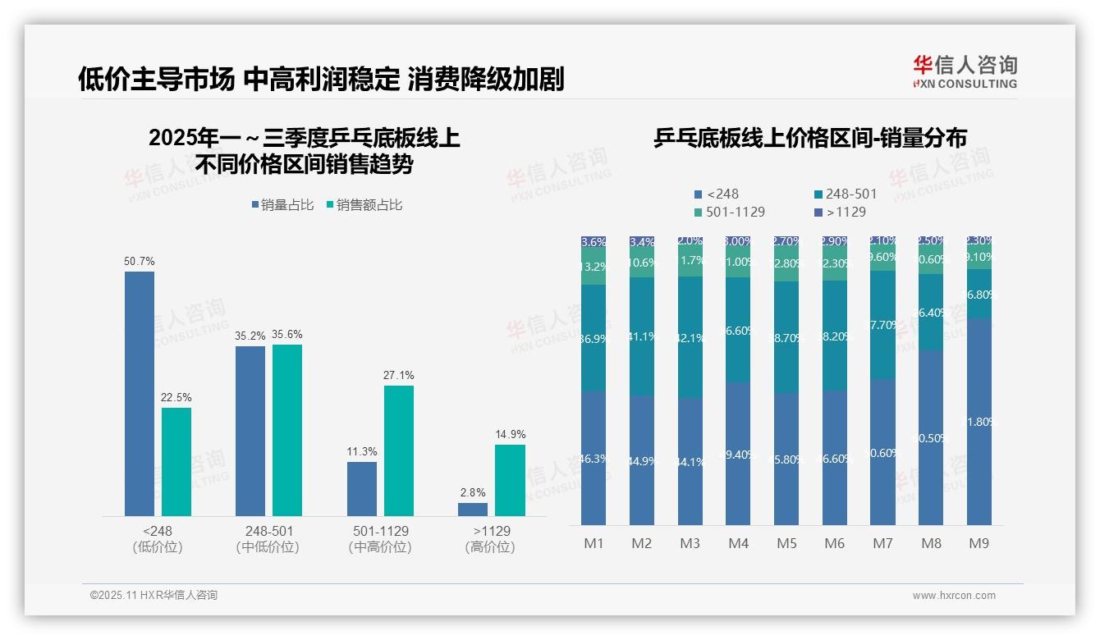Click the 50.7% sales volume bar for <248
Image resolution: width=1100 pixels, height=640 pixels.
click(x=140, y=394)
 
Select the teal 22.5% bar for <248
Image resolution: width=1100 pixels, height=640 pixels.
click(x=176, y=462)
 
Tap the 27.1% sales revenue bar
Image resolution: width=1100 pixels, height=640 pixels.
click(x=399, y=450)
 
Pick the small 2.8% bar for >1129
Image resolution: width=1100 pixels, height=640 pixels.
click(x=473, y=510)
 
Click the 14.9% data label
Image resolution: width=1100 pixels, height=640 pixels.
click(x=510, y=434)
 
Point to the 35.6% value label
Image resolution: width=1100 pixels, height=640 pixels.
click(x=287, y=334)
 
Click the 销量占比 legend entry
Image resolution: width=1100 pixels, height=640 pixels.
click(x=283, y=205)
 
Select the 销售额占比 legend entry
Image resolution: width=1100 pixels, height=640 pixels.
click(x=364, y=205)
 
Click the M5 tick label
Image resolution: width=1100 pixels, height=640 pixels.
click(x=786, y=543)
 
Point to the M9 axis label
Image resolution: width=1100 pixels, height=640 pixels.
click(x=979, y=543)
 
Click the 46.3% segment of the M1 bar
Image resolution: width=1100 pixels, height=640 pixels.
click(x=594, y=458)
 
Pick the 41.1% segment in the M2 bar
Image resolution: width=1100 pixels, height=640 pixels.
click(x=642, y=336)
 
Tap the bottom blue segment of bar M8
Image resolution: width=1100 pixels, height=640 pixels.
click(x=931, y=438)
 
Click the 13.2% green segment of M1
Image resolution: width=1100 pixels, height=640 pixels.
click(x=594, y=267)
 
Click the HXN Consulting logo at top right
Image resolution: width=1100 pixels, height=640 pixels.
click(x=965, y=72)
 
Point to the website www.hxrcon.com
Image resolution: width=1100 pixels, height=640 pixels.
click(x=954, y=596)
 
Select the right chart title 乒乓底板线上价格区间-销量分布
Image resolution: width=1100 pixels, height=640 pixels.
click(x=809, y=138)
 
